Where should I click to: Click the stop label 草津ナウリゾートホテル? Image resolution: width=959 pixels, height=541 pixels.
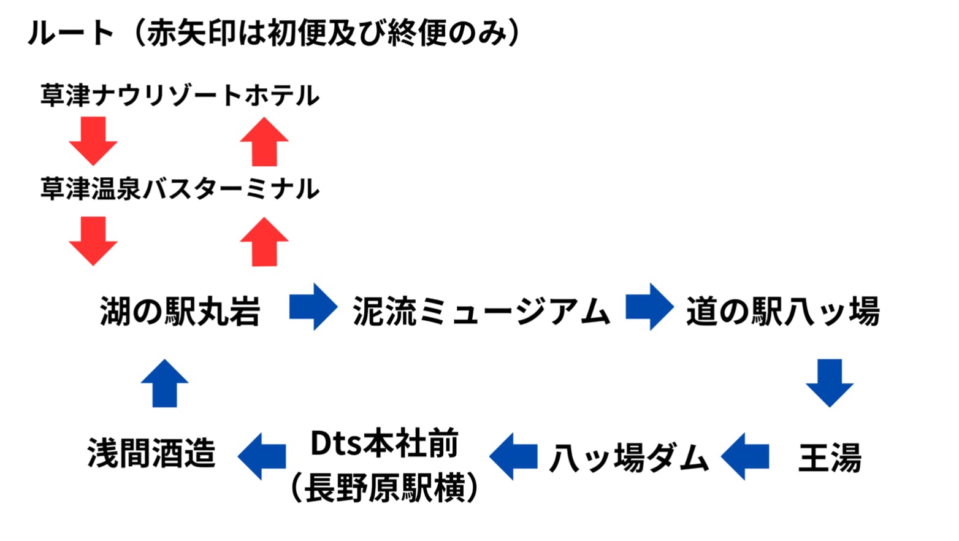180,96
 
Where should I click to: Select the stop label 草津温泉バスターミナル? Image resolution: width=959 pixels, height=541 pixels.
180,189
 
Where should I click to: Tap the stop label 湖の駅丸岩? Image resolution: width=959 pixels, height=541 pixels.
180,310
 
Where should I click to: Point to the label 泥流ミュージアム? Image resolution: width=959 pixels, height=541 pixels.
481,310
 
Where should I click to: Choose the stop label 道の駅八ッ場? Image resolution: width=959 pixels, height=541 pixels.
783,310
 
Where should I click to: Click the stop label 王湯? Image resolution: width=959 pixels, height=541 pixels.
830,458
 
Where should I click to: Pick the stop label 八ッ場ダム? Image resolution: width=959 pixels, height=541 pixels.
629,458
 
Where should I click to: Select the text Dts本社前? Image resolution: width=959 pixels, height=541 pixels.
384,443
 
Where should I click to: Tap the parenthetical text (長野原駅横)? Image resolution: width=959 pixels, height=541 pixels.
384,488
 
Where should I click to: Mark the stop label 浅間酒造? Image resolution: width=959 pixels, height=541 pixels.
151,454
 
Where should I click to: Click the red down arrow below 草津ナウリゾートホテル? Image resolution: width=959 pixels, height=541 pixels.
93,141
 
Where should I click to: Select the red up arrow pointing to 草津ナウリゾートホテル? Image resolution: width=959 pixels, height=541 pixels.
264,141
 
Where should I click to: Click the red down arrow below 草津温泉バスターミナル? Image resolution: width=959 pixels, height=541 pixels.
93,240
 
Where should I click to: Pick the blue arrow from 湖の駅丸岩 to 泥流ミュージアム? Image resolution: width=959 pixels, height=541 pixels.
313,307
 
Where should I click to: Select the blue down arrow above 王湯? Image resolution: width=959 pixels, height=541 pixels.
830,383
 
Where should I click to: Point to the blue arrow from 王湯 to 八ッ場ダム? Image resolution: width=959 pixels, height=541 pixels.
745,456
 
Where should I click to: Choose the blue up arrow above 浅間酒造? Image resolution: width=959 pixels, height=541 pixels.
165,383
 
